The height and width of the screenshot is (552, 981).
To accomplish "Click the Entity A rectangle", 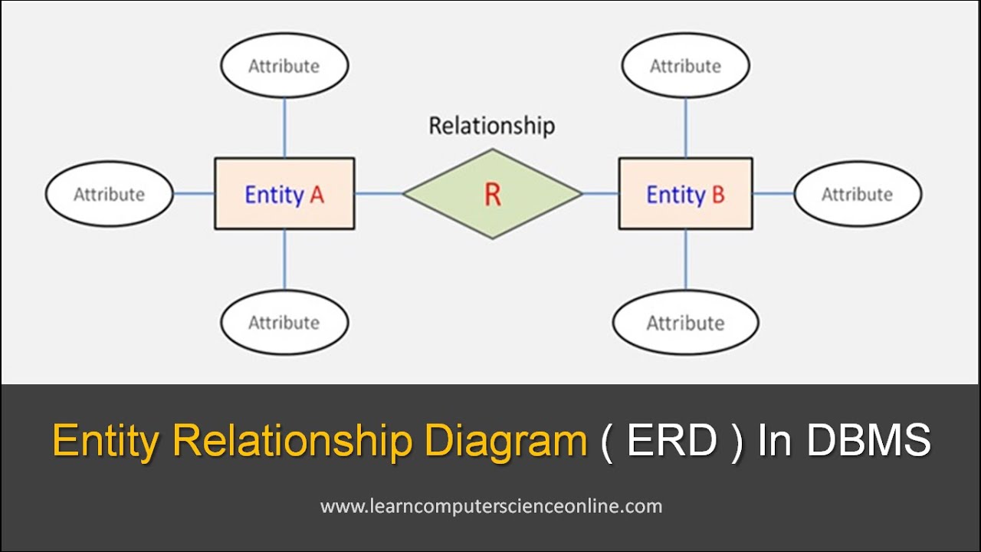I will [x=284, y=194].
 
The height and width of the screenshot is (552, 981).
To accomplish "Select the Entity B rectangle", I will [x=685, y=194].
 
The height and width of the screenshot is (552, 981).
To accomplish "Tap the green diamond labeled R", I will [x=492, y=194].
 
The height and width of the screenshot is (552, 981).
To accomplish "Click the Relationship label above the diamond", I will [x=491, y=126].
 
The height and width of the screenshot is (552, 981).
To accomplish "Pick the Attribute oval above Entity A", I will [x=284, y=66].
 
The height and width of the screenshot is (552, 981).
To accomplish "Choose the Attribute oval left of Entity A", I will [x=109, y=194].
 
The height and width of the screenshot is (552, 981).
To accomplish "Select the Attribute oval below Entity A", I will [x=284, y=322].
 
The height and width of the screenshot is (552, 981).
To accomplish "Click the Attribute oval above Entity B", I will [x=685, y=66].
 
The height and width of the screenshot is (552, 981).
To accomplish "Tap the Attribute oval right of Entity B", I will [x=857, y=194].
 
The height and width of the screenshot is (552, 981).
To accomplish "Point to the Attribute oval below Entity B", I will [x=685, y=322].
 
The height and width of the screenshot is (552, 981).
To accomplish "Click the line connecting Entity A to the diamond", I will [x=379, y=193].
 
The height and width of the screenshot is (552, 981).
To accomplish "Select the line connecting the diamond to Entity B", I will [x=600, y=193].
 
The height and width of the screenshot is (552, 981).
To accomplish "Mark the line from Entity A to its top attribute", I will [x=284, y=127].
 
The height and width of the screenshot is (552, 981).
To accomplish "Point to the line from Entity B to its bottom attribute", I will [x=685, y=259].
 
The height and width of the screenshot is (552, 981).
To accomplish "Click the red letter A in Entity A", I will [x=317, y=195].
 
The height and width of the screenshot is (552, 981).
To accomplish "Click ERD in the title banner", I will [x=672, y=442].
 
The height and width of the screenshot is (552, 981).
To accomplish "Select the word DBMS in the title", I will [x=869, y=442].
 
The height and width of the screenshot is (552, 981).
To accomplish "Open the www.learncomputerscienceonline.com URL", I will [x=491, y=506].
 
